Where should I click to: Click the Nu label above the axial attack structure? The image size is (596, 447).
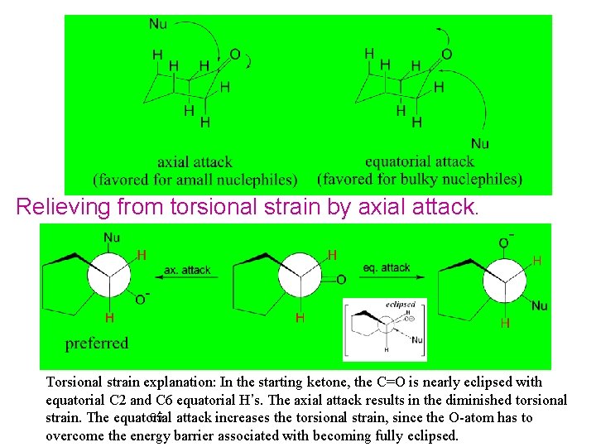click(158, 24)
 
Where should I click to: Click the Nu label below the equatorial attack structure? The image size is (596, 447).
click(479, 143)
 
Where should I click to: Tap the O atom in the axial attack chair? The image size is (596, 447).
click(234, 55)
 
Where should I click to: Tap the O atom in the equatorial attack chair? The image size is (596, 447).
click(447, 55)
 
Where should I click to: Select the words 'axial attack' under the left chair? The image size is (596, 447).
click(195, 162)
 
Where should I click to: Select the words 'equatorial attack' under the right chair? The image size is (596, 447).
click(420, 161)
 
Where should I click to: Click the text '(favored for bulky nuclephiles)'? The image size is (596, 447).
click(420, 179)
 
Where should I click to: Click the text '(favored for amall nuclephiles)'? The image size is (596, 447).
click(195, 179)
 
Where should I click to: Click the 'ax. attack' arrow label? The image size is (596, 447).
click(187, 270)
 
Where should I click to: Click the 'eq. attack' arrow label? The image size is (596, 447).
click(387, 267)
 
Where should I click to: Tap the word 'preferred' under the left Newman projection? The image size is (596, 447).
click(97, 343)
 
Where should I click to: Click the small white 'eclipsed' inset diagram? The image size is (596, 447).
click(385, 329)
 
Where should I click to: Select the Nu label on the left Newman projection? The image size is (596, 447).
click(112, 238)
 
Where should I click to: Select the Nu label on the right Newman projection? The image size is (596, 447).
click(540, 305)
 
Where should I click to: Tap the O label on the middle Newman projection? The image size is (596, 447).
click(341, 280)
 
